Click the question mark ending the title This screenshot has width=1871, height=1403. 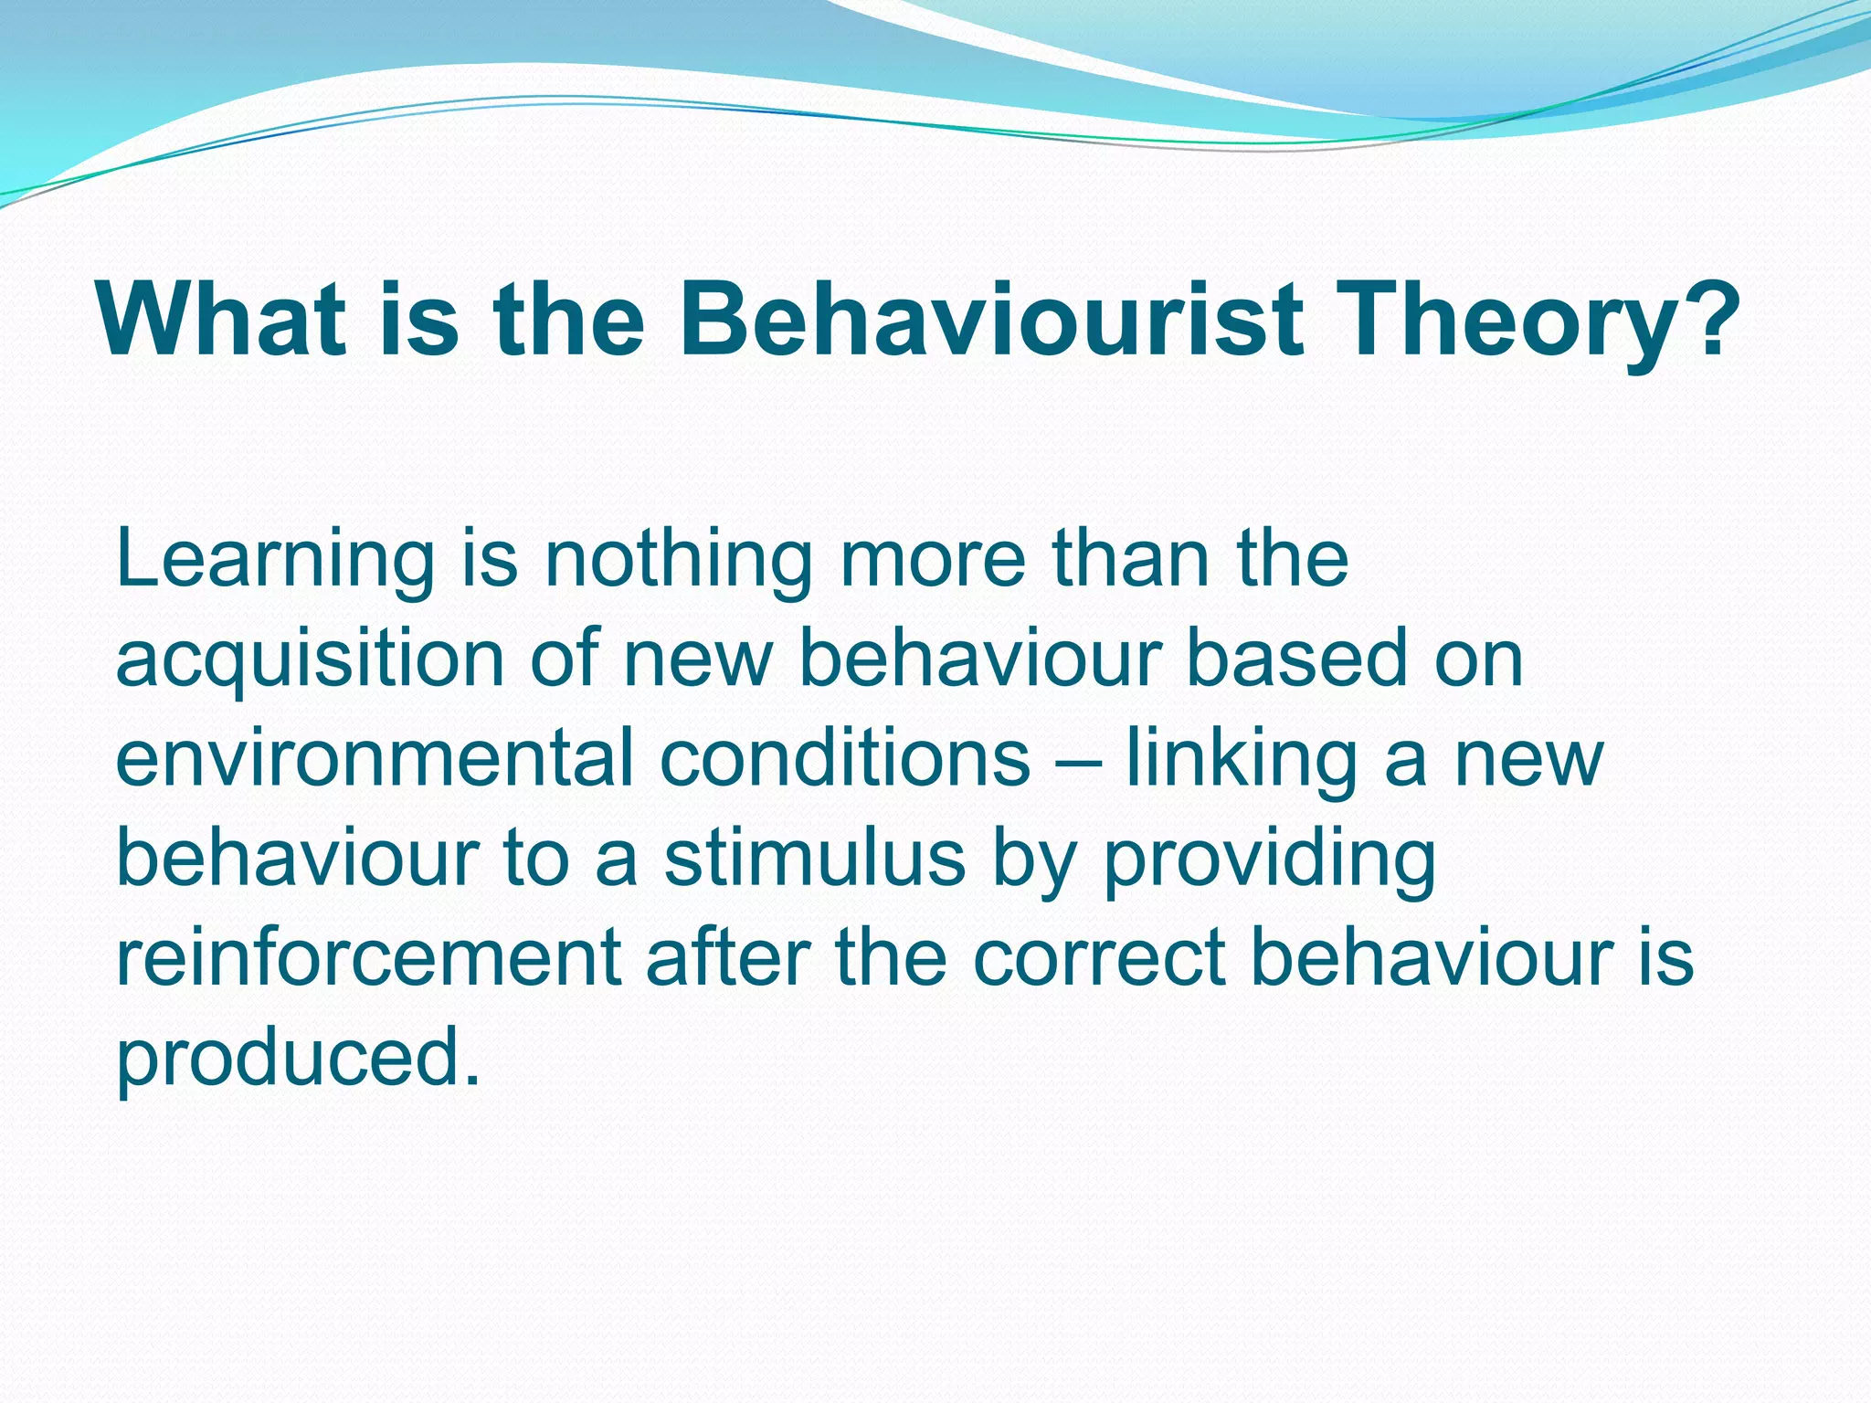point(1707,320)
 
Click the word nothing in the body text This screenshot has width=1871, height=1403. point(678,562)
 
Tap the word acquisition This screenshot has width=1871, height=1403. point(310,660)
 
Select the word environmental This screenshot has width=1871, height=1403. point(374,758)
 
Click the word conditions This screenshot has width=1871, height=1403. point(844,758)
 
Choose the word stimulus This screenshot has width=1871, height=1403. point(814,859)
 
